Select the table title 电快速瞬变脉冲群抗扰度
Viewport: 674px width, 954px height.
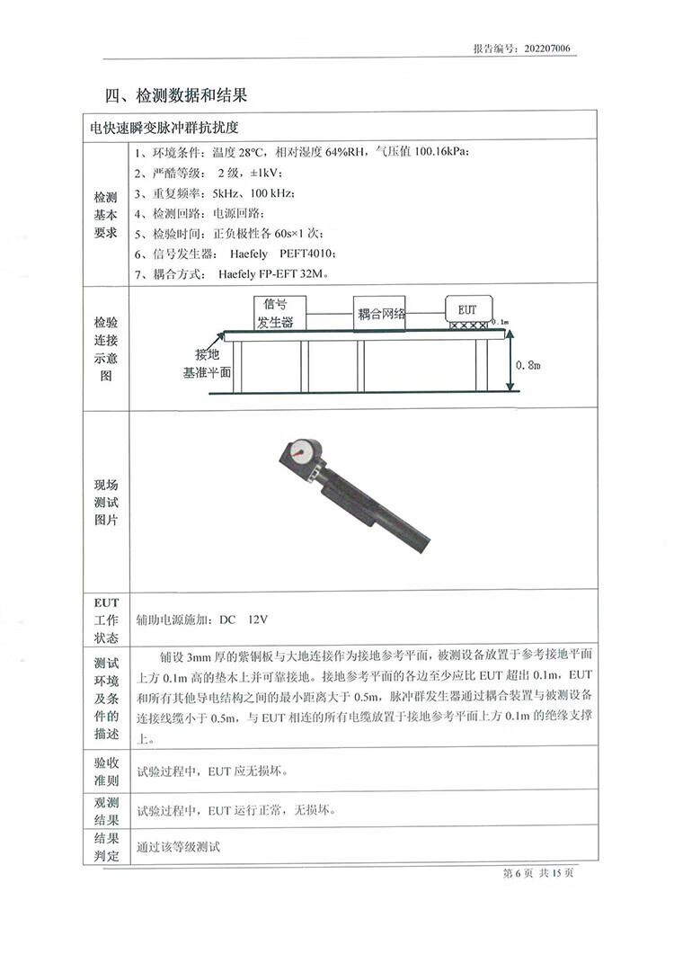coord(170,128)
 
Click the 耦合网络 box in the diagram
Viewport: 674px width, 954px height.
coord(381,314)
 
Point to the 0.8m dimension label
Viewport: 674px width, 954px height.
coord(529,364)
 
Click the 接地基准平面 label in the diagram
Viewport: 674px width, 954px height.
coord(207,361)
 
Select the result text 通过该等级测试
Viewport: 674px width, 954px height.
coord(178,847)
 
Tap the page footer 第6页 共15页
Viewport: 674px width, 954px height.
coord(538,874)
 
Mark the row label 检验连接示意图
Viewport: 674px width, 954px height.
coord(106,349)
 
